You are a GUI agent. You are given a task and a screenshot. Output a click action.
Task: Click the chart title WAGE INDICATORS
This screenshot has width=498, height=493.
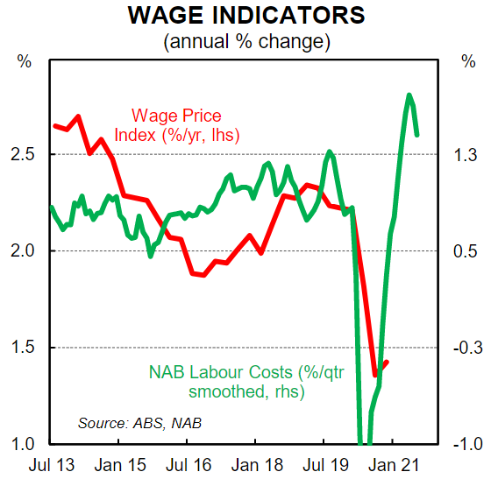247,16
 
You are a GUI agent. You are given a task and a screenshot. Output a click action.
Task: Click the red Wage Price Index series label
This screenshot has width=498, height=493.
185,125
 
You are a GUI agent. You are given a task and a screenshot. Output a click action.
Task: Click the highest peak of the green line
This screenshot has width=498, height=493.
409,95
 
